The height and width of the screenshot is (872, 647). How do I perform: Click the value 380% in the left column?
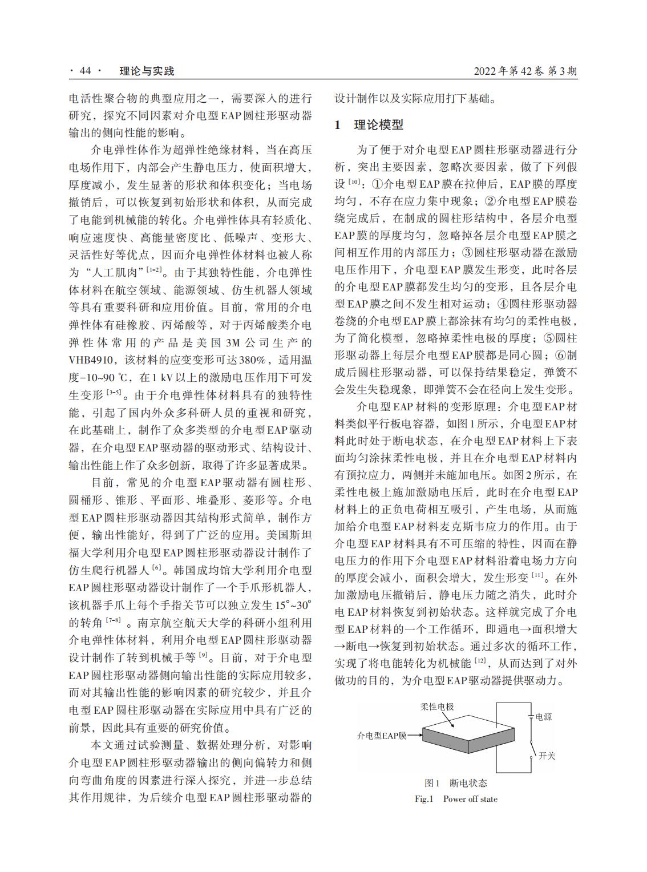click(251, 360)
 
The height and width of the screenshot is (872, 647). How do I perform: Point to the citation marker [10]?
click(354, 183)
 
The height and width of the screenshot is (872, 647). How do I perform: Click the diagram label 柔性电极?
click(438, 706)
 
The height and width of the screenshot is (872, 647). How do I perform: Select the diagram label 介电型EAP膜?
click(382, 736)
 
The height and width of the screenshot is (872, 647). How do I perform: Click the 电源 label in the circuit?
click(544, 717)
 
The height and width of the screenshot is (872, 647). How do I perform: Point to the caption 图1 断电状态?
click(456, 783)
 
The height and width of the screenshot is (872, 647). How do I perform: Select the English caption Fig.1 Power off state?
click(456, 799)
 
